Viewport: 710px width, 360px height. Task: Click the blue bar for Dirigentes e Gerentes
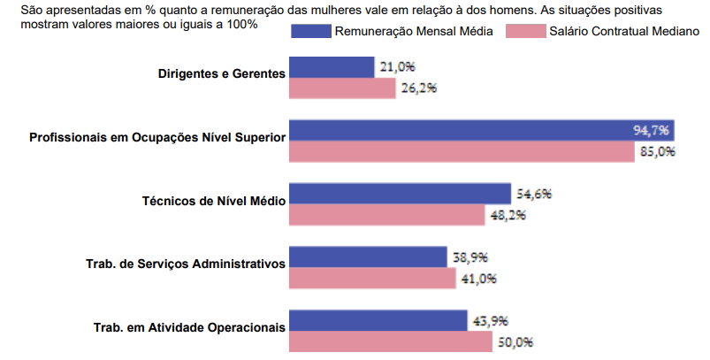332,67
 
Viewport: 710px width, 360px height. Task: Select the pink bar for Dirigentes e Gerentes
342,88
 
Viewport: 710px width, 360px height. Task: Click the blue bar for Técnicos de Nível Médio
400,193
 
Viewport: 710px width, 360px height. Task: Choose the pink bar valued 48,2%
387,215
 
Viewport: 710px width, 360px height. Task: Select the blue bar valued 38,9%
368,257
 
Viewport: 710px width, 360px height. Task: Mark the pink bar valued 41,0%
371,279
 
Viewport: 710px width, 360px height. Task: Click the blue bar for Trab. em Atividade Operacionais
378,320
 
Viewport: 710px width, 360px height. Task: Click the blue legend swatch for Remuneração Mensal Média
310,31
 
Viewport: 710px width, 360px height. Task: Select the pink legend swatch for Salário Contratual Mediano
524,31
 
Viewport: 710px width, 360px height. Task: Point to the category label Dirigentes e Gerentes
222,73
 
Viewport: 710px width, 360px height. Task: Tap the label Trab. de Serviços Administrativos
186,264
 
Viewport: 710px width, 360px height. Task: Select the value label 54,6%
535,193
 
